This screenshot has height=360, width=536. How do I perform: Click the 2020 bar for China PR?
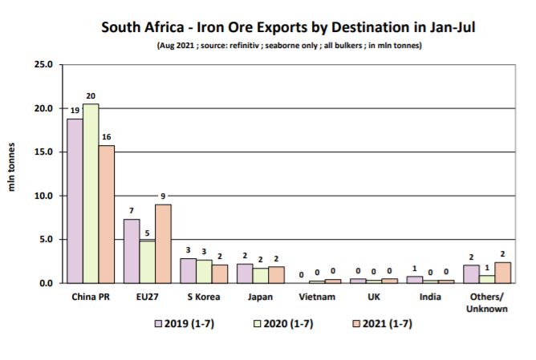90,193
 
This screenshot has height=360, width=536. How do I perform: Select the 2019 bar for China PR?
75,200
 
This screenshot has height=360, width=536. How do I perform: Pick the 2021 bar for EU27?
162,244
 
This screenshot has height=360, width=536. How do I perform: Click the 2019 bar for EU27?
132,251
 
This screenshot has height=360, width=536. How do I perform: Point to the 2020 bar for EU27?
147,261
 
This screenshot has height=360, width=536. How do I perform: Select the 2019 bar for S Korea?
187,271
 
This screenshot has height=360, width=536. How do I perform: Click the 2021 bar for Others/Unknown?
502,273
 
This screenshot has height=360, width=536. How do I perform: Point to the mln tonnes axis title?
13,173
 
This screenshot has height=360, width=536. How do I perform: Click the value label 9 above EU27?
163,195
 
